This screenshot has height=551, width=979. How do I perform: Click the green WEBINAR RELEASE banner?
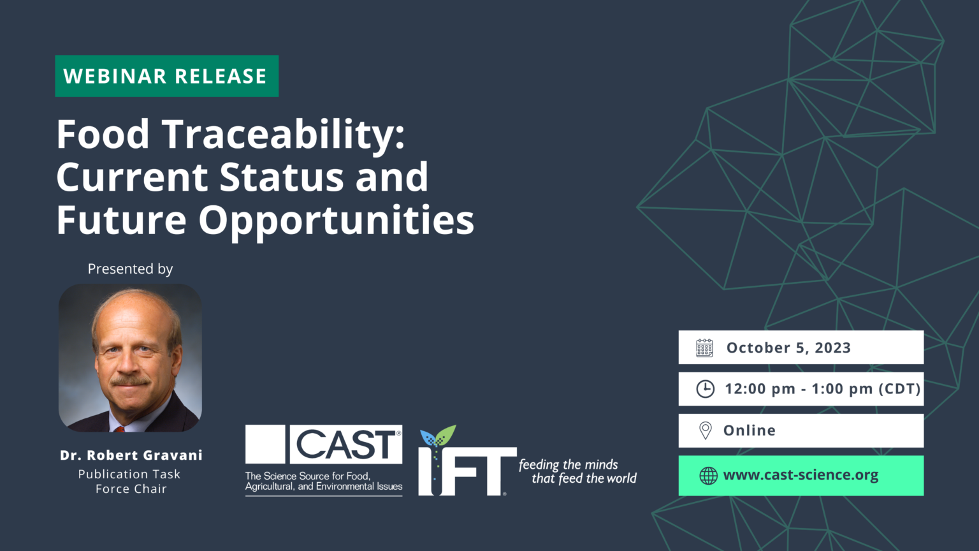pos(166,76)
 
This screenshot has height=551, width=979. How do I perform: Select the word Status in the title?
pos(282,177)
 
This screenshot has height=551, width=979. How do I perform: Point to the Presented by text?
pos(130,269)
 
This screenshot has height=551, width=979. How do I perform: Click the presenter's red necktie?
pos(119,429)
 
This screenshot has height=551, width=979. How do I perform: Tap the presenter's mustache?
pos(130,381)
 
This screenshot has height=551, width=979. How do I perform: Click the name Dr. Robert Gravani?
pos(131,455)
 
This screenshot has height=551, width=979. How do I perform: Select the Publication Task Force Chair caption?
pos(130,481)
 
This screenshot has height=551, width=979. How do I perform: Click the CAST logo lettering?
pos(346,444)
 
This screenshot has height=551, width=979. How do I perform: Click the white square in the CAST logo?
pos(265,444)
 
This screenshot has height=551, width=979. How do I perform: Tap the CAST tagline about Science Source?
pos(324,481)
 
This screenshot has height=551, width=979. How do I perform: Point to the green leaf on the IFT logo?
pos(446,436)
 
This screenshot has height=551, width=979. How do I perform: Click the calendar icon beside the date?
pos(704,348)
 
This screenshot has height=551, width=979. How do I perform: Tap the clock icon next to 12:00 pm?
pos(705,389)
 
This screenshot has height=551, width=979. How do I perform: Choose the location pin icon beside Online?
pos(705,430)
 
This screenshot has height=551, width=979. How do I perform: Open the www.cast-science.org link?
pos(801,475)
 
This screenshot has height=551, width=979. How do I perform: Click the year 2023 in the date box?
pos(832,348)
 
